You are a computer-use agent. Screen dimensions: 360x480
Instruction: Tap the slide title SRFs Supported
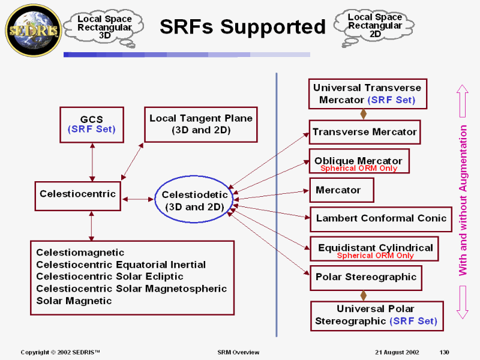point(242,26)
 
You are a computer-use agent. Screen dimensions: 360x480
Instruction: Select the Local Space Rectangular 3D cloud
point(105,27)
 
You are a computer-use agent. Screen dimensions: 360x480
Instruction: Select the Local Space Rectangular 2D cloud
point(375,25)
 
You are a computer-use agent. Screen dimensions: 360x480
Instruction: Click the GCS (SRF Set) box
point(92,124)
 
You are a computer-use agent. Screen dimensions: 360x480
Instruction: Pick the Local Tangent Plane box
point(201,124)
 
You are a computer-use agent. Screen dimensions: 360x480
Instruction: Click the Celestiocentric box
point(78,194)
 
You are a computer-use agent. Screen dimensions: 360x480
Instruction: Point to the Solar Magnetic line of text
point(74,301)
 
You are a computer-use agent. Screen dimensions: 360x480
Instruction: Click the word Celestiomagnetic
point(80,253)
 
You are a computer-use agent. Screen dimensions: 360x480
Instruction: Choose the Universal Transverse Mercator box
point(367,94)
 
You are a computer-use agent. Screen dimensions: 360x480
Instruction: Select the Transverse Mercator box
point(364,132)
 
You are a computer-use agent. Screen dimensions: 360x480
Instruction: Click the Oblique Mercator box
point(359,161)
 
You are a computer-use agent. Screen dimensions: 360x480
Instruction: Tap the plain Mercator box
point(341,190)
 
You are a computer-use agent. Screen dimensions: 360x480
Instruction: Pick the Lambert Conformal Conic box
point(381,218)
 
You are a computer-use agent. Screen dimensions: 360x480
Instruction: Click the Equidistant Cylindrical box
point(375,248)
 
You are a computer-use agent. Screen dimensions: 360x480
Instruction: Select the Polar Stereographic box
point(365,277)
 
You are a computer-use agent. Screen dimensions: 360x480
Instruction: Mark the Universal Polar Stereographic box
point(376,315)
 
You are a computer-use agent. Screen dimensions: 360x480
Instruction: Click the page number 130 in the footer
point(444,352)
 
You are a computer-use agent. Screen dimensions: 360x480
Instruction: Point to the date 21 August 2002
point(397,352)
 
